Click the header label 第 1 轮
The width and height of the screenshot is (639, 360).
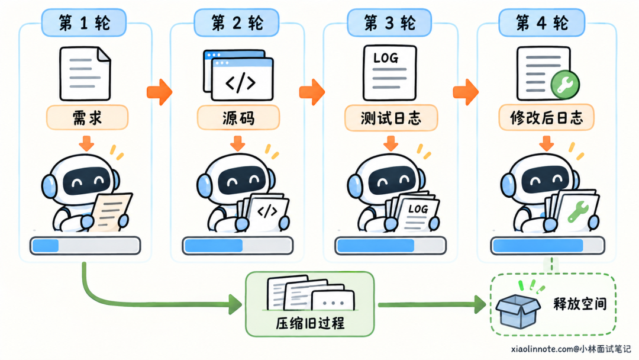(84, 23)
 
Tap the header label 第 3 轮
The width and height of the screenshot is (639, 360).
(389, 23)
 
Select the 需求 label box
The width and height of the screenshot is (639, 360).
(87, 118)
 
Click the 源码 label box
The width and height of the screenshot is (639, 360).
(238, 118)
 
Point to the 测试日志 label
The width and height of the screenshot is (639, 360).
(391, 118)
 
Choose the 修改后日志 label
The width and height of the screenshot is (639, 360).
(547, 118)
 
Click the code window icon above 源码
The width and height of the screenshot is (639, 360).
(238, 75)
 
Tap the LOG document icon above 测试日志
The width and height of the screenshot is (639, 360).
(389, 73)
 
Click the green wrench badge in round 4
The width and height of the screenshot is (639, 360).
(565, 85)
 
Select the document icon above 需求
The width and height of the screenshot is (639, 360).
(85, 73)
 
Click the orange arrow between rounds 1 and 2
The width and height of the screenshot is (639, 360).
(159, 92)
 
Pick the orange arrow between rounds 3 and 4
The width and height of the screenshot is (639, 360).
(466, 92)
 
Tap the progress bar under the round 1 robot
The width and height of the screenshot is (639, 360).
(85, 246)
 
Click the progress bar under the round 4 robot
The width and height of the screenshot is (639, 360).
(548, 246)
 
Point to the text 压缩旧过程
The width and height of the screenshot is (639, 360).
(310, 323)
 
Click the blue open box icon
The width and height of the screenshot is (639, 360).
(518, 311)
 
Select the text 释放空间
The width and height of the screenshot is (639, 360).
(579, 304)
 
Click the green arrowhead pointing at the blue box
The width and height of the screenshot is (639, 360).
(480, 304)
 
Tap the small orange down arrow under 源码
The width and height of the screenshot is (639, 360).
(238, 143)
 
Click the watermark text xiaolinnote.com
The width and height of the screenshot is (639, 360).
(542, 349)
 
